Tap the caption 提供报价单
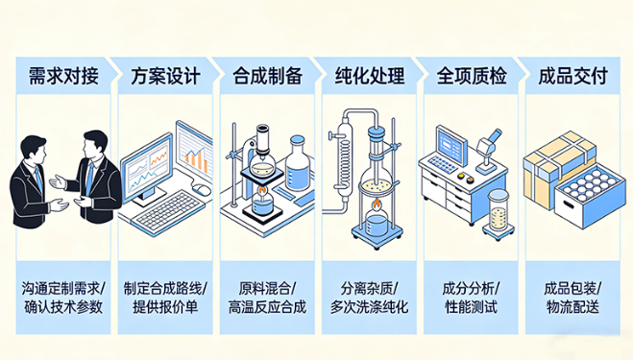165,308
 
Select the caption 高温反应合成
267,308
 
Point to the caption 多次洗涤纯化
369,308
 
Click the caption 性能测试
470,308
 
